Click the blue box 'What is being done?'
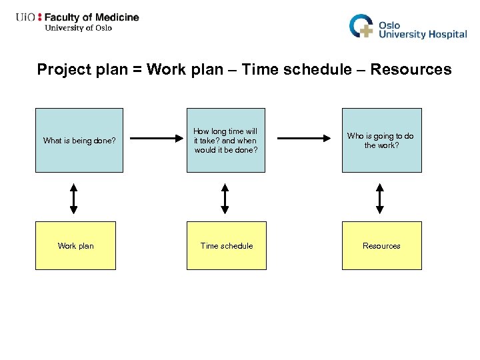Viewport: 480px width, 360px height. click(x=79, y=140)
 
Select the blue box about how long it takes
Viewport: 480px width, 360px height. click(x=225, y=140)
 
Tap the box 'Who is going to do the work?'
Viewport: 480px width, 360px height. click(x=381, y=140)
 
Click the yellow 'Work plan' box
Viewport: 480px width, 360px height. click(x=75, y=245)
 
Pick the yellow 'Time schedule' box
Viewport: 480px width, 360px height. click(x=226, y=245)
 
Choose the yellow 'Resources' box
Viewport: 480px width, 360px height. click(x=381, y=245)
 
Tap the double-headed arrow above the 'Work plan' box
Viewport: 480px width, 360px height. click(x=74, y=199)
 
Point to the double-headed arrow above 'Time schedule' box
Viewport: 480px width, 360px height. click(x=225, y=199)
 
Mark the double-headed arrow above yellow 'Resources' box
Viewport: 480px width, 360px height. click(x=380, y=199)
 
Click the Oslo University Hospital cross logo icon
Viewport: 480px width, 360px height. click(x=362, y=26)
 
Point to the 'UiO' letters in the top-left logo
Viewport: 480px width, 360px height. click(x=26, y=17)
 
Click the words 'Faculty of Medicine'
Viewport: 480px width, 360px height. click(x=92, y=17)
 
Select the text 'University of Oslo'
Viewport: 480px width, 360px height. click(x=78, y=28)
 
